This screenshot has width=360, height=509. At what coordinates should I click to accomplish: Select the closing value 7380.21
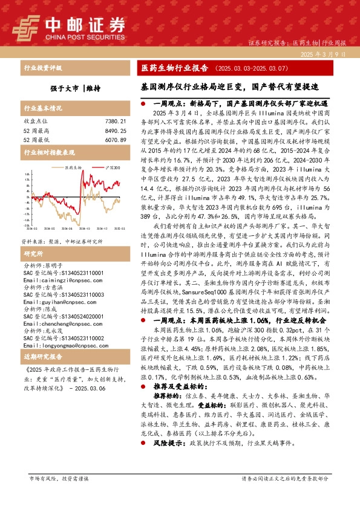click(114, 122)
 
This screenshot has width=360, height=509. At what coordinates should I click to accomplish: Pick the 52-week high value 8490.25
click(114, 130)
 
